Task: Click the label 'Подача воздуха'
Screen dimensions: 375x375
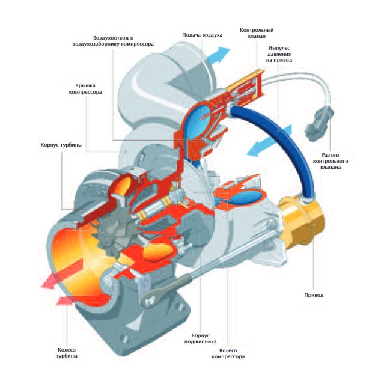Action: pyautogui.click(x=202, y=35)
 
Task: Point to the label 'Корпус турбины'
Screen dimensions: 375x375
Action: pyautogui.click(x=61, y=145)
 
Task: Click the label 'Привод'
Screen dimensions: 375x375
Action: pyautogui.click(x=314, y=295)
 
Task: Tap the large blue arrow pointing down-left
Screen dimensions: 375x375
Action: pyautogui.click(x=265, y=142)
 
